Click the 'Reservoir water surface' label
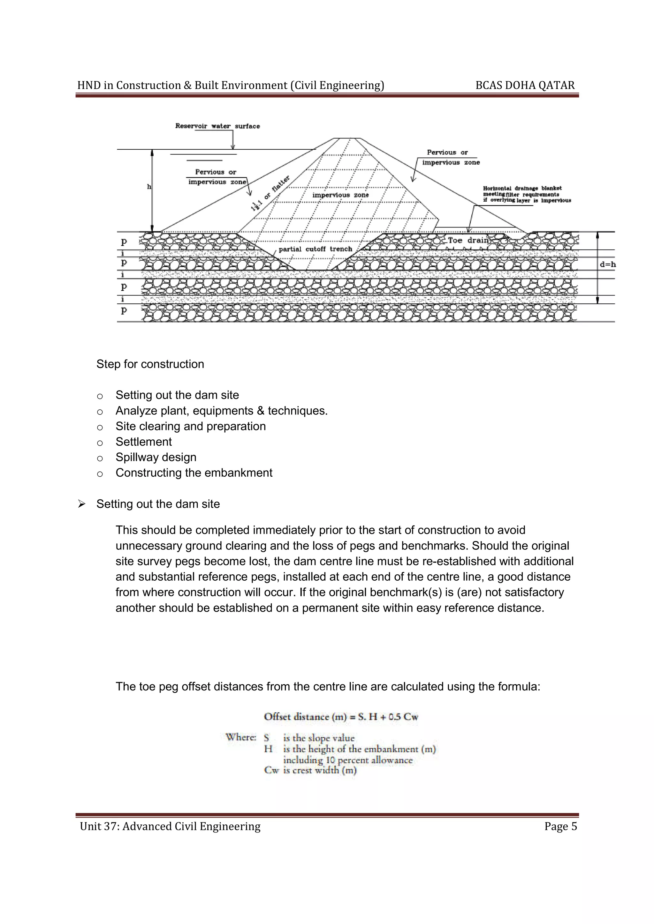(x=217, y=126)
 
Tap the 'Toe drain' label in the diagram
(x=468, y=240)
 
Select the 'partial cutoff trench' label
(x=315, y=249)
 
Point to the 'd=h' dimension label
(x=607, y=265)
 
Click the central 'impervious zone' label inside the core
(x=340, y=195)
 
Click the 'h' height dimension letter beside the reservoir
(x=149, y=187)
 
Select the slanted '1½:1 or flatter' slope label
(x=270, y=194)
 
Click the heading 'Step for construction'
(x=150, y=364)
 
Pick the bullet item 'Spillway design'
(x=156, y=457)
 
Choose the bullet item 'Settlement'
(x=143, y=442)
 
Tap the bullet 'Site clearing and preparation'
(x=190, y=426)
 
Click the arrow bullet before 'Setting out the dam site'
(x=82, y=504)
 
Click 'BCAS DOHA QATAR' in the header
(x=525, y=85)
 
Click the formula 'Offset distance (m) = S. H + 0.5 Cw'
(x=341, y=717)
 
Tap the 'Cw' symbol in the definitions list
(x=271, y=770)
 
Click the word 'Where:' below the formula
(x=240, y=737)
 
